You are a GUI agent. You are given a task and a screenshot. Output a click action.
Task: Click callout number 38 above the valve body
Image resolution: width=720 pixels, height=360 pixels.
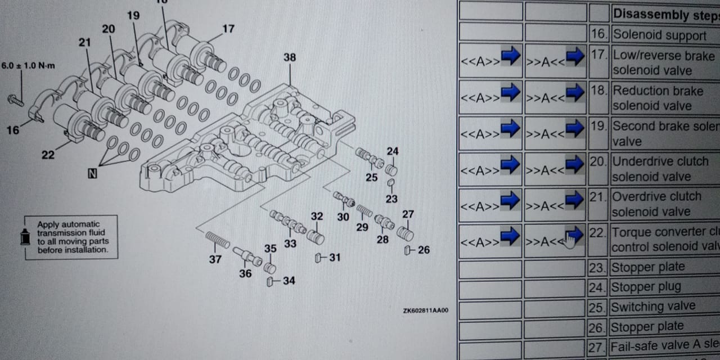pos(290,57)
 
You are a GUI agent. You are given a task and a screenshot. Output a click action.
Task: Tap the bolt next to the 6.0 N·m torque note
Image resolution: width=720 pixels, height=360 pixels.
pos(16,100)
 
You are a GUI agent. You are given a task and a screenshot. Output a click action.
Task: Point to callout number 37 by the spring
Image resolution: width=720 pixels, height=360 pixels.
pos(215,259)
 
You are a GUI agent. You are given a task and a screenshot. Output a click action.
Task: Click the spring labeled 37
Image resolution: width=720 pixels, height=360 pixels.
pos(218,240)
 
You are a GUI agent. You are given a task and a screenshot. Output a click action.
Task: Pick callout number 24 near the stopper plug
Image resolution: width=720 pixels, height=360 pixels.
pos(393,151)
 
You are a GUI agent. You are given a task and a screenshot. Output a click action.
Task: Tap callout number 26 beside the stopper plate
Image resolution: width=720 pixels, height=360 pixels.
pos(423,249)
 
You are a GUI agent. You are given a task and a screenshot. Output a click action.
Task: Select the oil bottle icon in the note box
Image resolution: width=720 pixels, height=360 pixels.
pos(25,237)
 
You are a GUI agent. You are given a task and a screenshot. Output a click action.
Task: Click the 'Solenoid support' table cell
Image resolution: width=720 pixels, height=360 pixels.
pos(659,35)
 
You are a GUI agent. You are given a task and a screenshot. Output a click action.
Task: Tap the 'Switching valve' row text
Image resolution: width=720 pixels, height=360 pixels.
pos(653,307)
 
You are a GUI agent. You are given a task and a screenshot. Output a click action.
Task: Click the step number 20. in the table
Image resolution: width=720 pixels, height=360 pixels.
pos(599,162)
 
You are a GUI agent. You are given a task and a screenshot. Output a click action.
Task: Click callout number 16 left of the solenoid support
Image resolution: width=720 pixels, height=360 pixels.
pos(12,130)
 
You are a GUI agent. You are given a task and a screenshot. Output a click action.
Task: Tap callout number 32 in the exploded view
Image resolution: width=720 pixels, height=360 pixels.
pos(317,216)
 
